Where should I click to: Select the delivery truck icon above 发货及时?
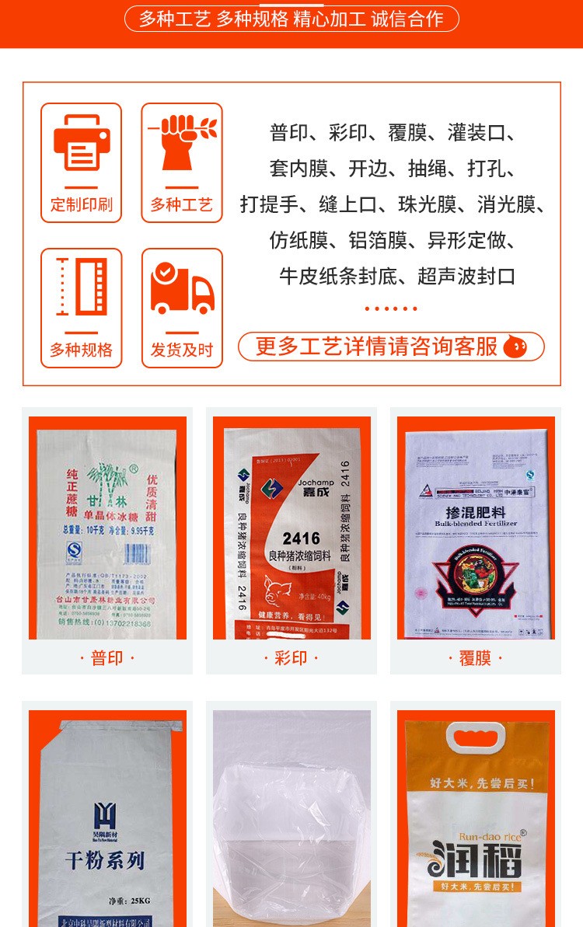coord(182,288)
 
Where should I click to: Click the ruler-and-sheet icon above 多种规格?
coord(81,288)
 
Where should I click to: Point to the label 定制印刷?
coord(81,204)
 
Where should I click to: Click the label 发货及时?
coord(182,350)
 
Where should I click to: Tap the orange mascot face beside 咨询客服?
coord(515,347)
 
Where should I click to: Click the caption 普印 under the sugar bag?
coord(107,658)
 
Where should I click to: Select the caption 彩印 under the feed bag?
coord(291,658)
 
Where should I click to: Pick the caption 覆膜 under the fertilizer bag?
coord(475,658)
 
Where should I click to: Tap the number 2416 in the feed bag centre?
coord(302,538)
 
